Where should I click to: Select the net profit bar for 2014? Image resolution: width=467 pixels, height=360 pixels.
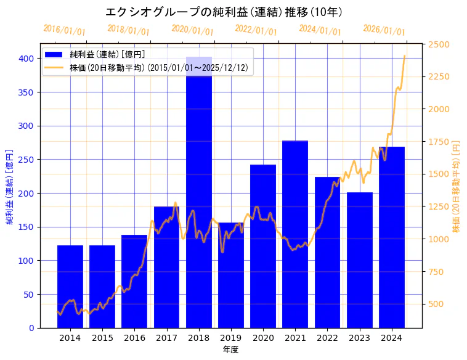click(x=70, y=287)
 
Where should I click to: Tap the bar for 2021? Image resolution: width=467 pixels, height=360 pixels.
click(x=295, y=234)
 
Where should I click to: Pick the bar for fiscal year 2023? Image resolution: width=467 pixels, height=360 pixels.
click(x=359, y=259)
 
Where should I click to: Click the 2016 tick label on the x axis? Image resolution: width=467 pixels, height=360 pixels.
click(x=134, y=337)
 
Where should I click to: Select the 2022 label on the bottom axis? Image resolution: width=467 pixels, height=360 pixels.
click(x=327, y=337)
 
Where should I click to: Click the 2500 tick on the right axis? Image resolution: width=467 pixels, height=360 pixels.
click(x=439, y=44)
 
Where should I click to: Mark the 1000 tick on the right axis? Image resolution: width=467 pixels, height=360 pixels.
click(x=439, y=239)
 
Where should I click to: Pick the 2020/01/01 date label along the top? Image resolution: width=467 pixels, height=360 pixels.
click(x=192, y=30)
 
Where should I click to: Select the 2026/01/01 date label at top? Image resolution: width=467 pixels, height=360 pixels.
click(x=384, y=30)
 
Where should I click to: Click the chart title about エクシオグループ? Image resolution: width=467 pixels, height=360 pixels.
click(x=224, y=12)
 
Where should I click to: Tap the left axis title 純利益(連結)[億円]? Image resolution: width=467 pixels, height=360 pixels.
click(x=10, y=186)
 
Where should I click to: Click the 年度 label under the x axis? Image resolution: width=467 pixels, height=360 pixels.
click(x=230, y=350)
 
